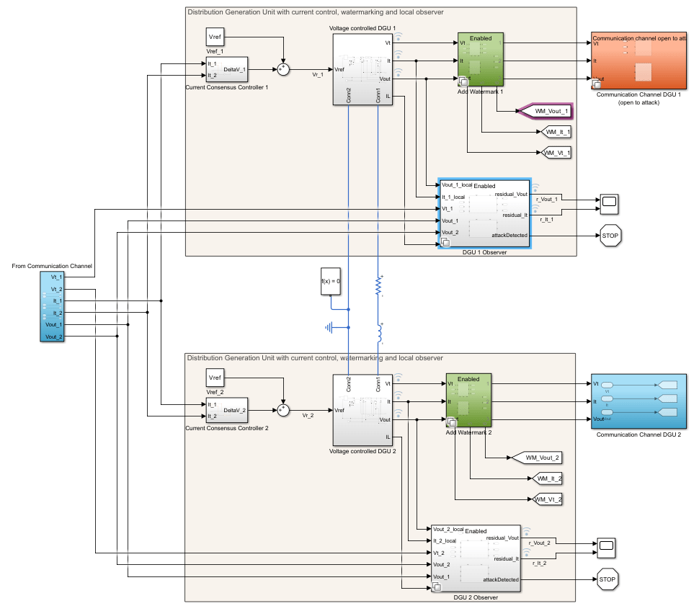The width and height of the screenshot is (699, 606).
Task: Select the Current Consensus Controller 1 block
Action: (x=227, y=69)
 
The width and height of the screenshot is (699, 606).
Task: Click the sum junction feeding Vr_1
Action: (x=283, y=69)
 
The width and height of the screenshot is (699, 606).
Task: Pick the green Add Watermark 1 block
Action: (x=480, y=59)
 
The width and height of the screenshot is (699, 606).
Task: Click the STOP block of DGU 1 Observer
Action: (x=610, y=236)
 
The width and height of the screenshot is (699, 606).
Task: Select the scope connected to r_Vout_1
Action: (x=609, y=204)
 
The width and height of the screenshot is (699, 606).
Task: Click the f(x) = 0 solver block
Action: (x=330, y=281)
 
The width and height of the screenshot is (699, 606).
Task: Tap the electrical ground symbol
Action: (x=330, y=328)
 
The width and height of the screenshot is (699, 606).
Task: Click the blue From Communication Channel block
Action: (x=52, y=307)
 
